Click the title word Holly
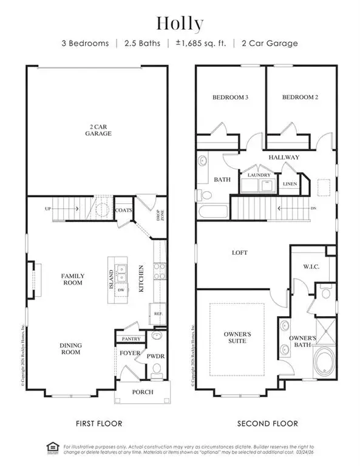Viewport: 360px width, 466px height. click(180, 24)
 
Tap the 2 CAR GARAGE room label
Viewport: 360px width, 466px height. click(98, 130)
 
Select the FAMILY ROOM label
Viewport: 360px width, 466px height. click(73, 279)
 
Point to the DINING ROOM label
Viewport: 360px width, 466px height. click(71, 349)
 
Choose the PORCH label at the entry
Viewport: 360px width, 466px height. click(143, 392)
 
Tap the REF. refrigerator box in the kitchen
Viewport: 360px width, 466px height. click(157, 314)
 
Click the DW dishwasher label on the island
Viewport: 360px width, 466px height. click(121, 290)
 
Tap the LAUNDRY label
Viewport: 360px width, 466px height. click(257, 175)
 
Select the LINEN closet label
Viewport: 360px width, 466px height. click(290, 183)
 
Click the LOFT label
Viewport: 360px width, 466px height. click(240, 252)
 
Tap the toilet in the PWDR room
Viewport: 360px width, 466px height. click(157, 368)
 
